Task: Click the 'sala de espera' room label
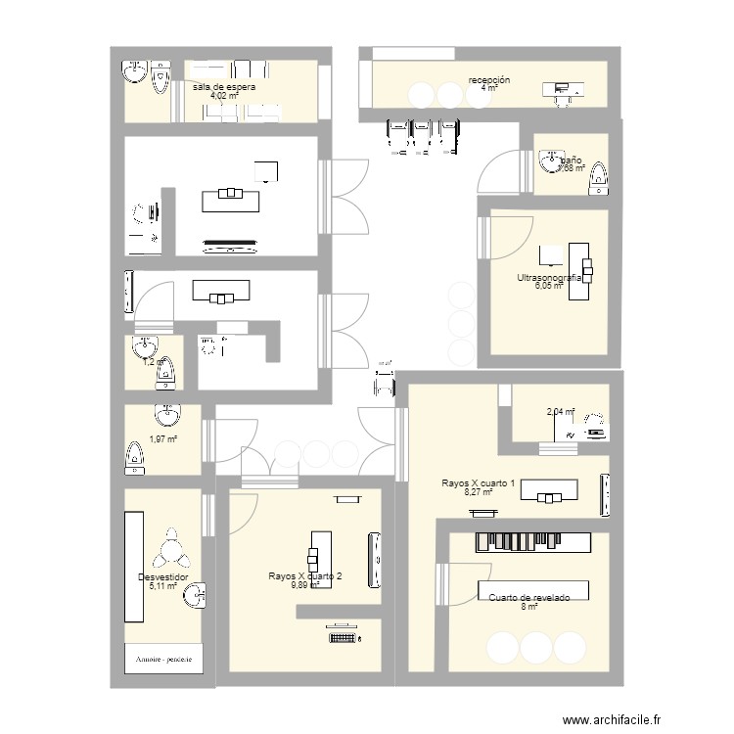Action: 224,87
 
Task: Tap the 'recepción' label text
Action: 489,79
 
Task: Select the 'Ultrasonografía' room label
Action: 549,278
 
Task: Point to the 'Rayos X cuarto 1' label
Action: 479,483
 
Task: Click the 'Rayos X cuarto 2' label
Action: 305,576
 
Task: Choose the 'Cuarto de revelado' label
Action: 528,596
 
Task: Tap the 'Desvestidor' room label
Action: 162,577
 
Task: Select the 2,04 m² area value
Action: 560,413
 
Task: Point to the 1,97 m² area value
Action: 162,438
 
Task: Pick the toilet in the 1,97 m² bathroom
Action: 135,455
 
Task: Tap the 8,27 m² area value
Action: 478,492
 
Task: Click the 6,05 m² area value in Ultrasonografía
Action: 548,287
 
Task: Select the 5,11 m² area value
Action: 162,586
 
